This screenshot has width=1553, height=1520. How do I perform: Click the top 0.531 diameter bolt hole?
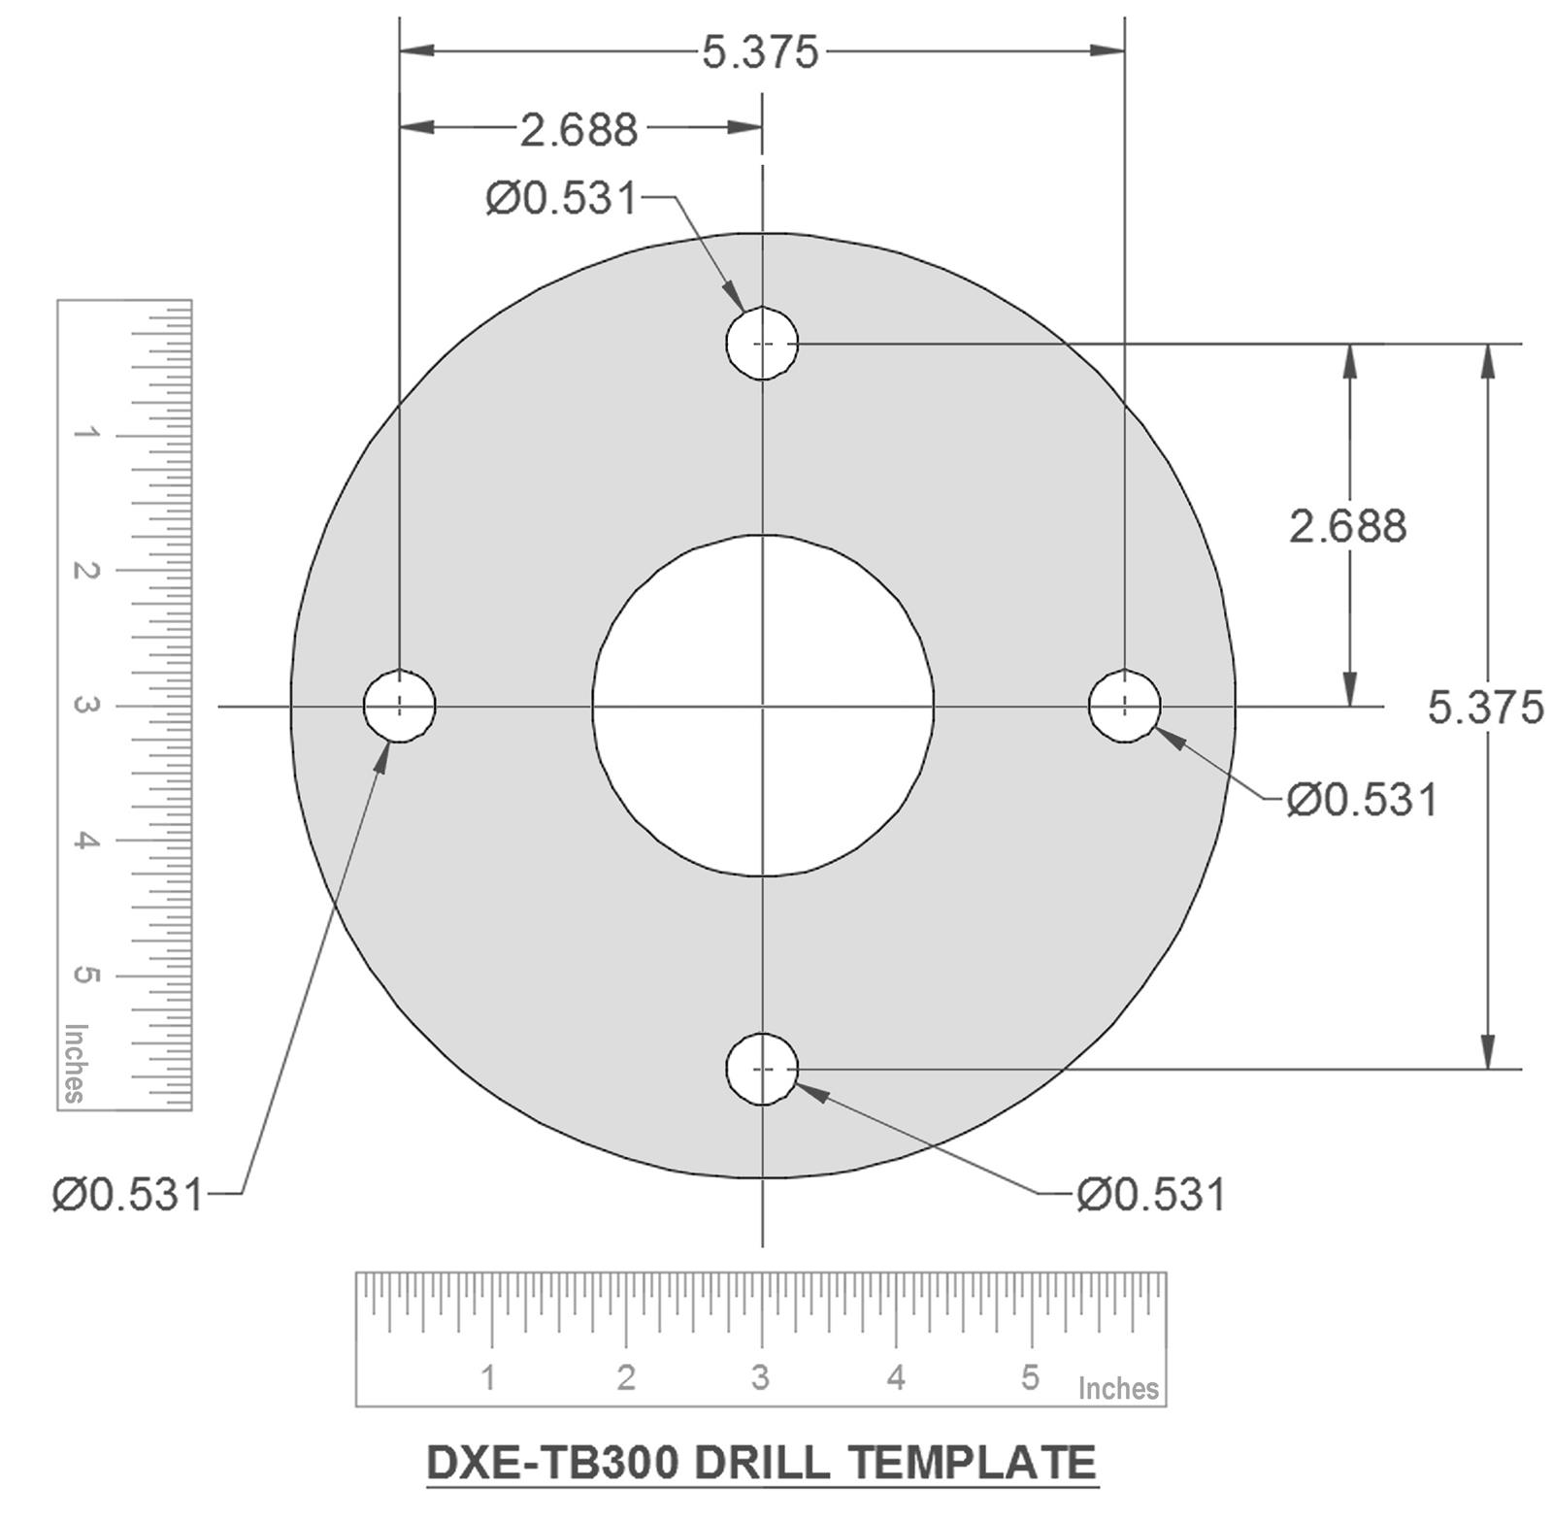tap(762, 343)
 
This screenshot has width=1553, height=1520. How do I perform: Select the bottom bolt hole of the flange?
tap(762, 1069)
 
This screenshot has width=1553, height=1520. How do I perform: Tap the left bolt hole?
tap(399, 706)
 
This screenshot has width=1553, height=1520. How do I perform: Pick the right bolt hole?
tap(1124, 706)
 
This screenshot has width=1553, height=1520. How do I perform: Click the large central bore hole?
tap(763, 706)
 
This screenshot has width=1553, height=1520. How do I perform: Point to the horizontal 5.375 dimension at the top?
tap(760, 51)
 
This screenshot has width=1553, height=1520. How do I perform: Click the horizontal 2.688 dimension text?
tap(578, 129)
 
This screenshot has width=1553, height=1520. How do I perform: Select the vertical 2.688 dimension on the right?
tap(1347, 526)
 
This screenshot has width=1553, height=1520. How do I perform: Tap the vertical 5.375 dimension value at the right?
tap(1485, 707)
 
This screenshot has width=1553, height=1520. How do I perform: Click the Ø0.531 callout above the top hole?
tap(561, 198)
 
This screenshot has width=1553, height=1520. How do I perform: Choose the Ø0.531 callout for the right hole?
tap(1362, 800)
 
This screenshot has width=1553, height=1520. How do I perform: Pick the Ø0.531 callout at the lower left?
tap(127, 1194)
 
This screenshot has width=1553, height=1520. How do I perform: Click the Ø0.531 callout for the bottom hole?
tap(1151, 1194)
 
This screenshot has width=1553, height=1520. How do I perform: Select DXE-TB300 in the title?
tap(553, 1462)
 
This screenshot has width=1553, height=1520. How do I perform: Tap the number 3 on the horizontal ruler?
tap(760, 1376)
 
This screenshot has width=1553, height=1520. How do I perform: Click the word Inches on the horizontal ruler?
tap(1118, 1388)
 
